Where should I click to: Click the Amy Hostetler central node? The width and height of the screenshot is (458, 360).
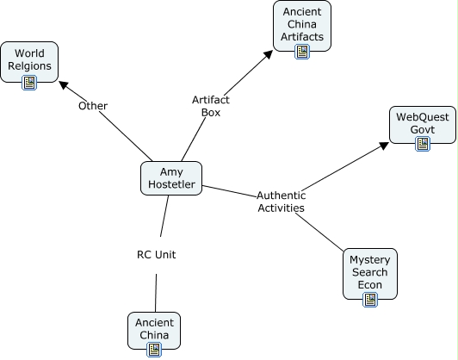click(171, 178)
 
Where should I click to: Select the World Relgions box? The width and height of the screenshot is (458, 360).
click(29, 62)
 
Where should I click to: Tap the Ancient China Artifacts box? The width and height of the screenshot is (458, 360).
click(302, 26)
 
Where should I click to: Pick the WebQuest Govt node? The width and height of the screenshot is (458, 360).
click(423, 125)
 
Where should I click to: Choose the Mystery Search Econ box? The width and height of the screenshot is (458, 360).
click(370, 274)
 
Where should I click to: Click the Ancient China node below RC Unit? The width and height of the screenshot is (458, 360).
click(154, 331)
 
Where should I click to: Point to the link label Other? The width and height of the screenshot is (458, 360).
click(93, 106)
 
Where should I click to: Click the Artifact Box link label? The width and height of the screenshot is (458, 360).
click(211, 106)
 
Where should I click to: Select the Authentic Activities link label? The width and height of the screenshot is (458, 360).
click(281, 202)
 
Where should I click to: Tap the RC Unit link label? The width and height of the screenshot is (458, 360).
click(157, 255)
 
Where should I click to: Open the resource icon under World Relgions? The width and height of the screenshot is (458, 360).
click(29, 83)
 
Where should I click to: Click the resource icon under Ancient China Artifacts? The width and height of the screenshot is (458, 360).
click(302, 52)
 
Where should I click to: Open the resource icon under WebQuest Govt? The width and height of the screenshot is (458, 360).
click(423, 144)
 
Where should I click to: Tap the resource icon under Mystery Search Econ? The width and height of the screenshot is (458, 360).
click(370, 300)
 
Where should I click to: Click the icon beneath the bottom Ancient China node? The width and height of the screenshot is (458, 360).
click(154, 350)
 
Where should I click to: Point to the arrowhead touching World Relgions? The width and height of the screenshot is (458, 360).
click(63, 85)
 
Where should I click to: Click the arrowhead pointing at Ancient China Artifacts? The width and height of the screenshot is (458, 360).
click(268, 54)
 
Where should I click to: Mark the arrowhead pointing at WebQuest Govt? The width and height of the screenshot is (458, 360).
click(384, 146)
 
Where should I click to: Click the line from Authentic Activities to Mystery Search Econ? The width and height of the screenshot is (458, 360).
click(319, 233)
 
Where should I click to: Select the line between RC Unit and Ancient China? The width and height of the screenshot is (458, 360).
click(156, 293)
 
